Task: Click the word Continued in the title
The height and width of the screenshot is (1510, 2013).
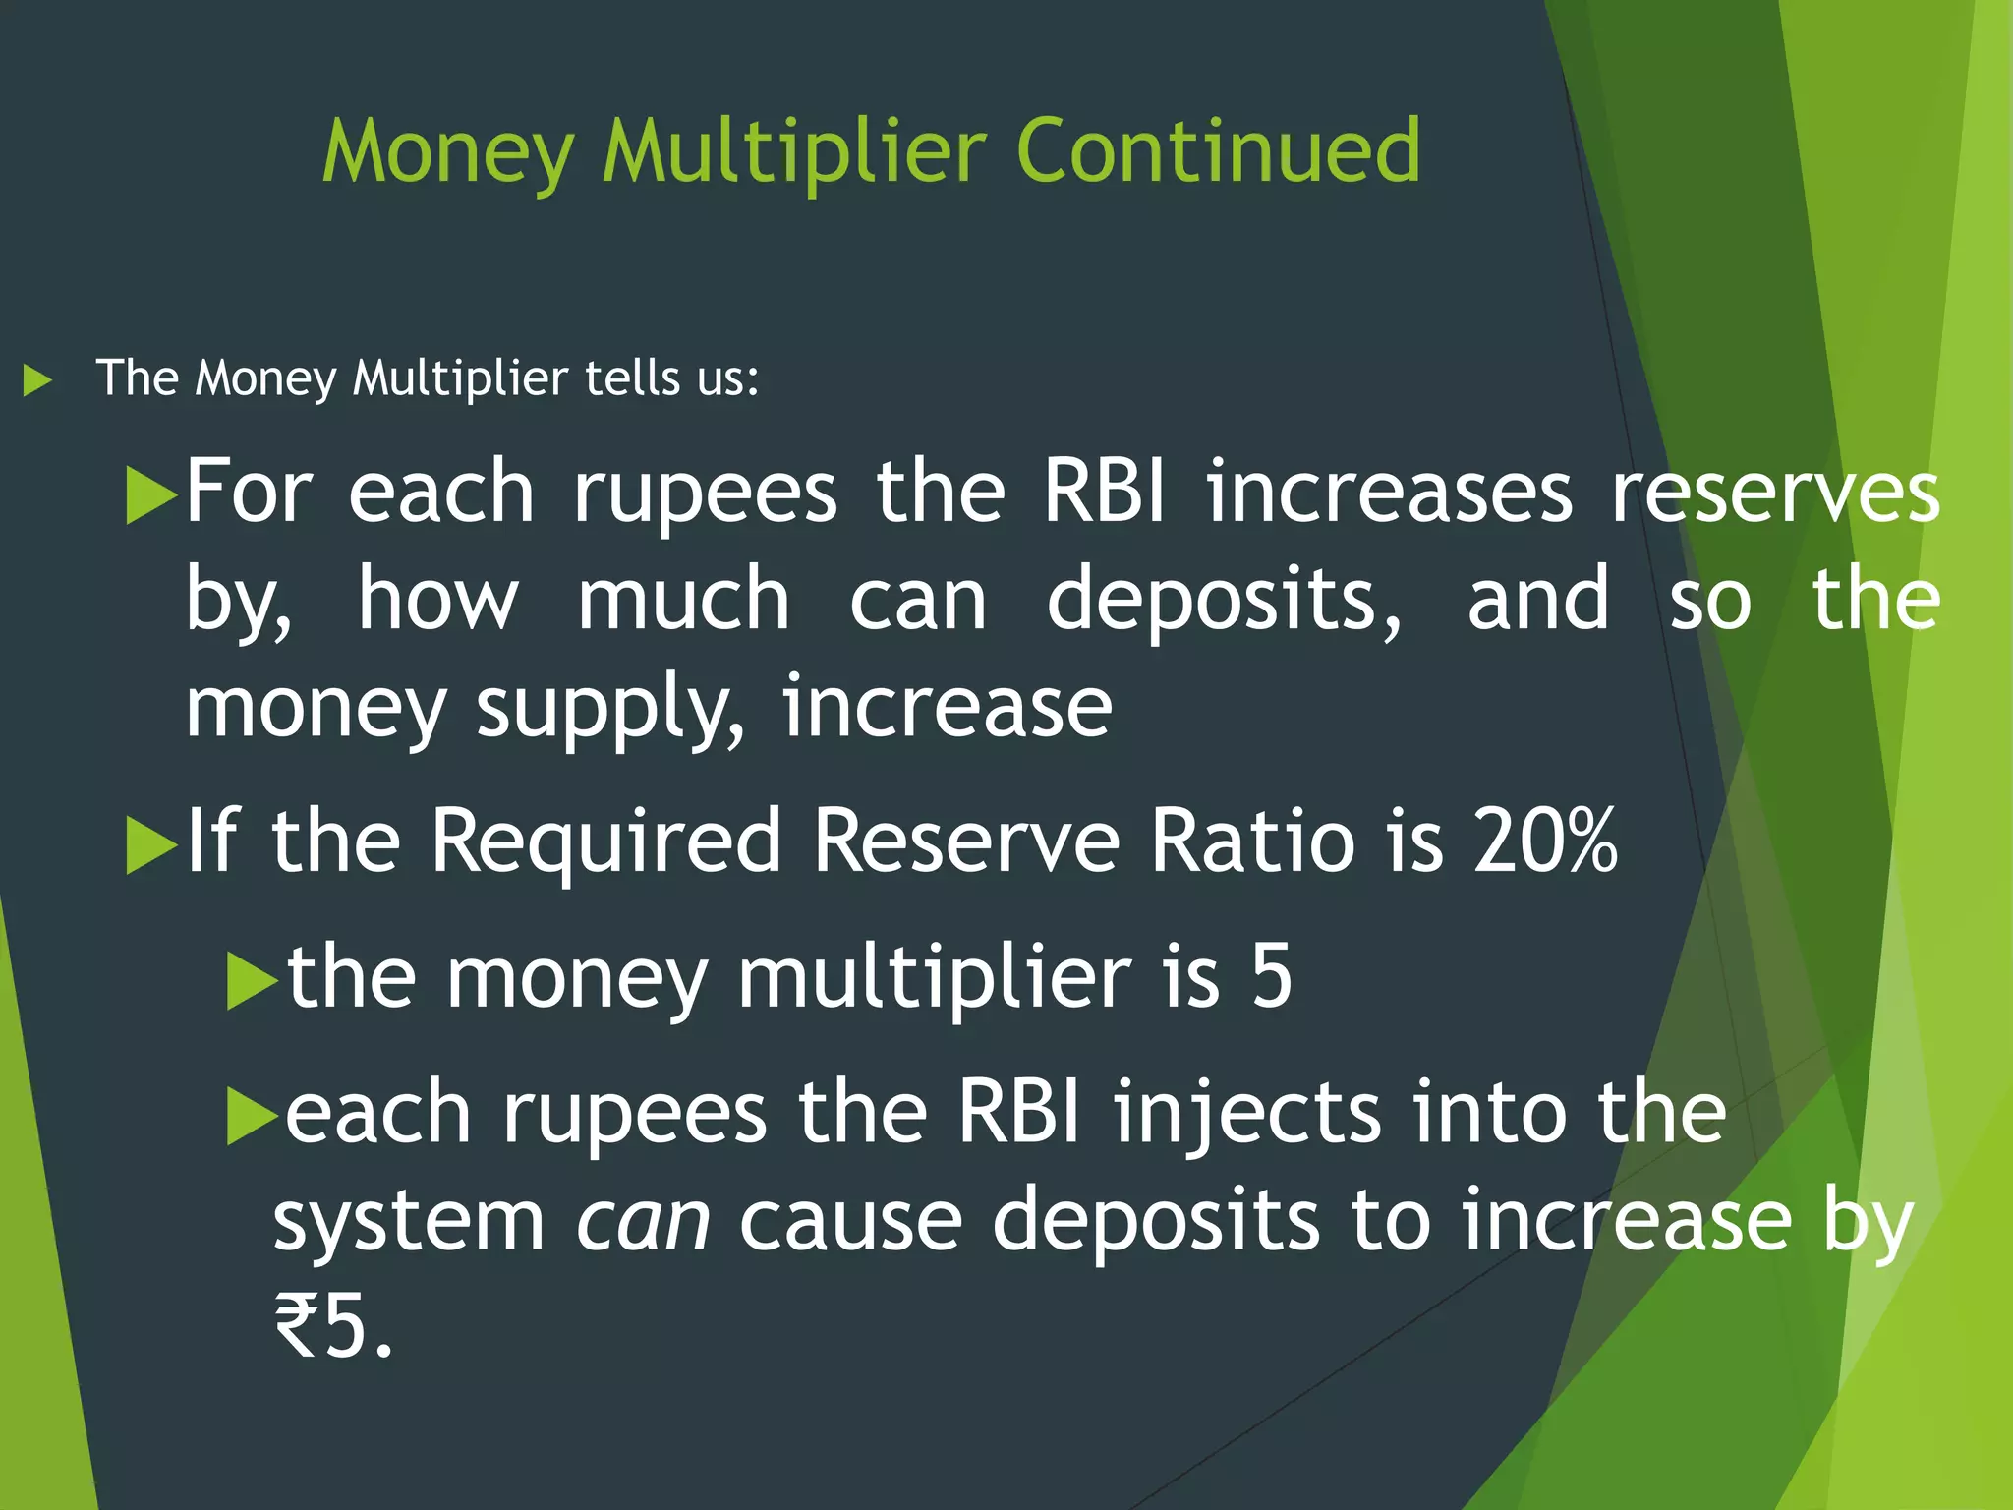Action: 1218,151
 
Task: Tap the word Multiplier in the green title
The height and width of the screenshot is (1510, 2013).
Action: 794,153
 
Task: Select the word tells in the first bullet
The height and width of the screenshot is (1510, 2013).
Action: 630,378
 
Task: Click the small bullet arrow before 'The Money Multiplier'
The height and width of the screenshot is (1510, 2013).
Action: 37,380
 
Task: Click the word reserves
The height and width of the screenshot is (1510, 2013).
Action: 1775,493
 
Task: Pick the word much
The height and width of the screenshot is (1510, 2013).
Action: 683,600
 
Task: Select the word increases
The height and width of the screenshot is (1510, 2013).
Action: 1389,493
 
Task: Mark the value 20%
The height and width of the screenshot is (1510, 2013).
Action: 1544,842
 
